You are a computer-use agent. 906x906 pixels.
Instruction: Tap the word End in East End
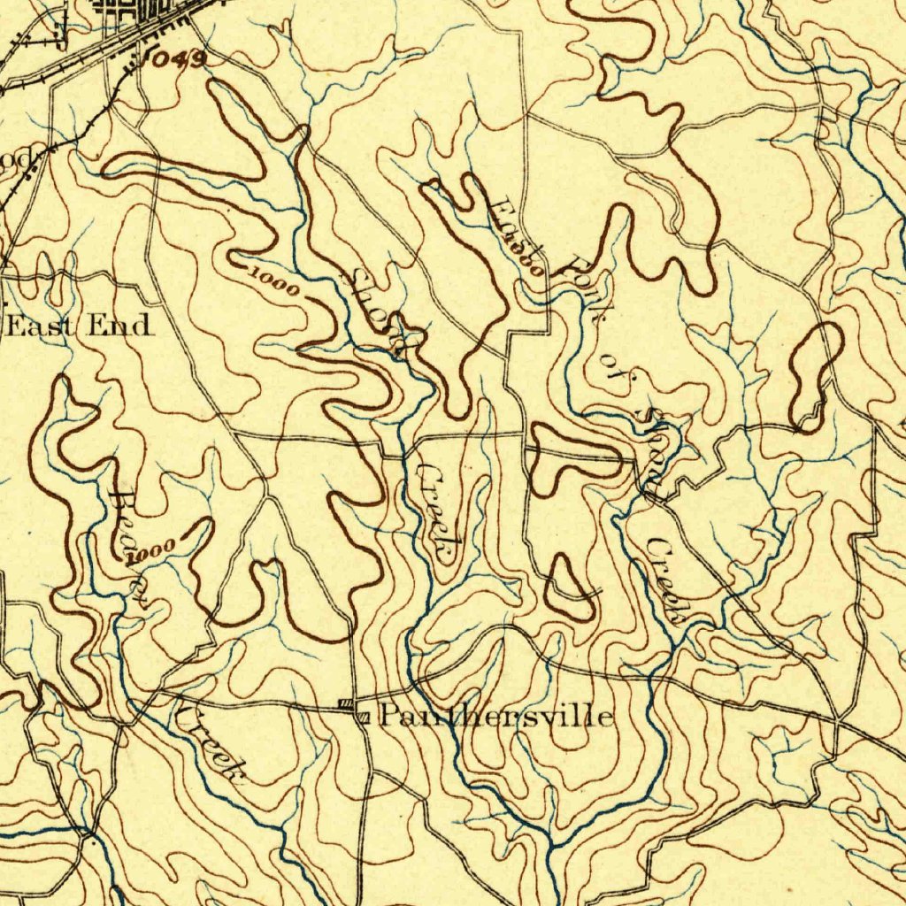119,326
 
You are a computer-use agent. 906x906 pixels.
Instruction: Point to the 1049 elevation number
178,60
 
